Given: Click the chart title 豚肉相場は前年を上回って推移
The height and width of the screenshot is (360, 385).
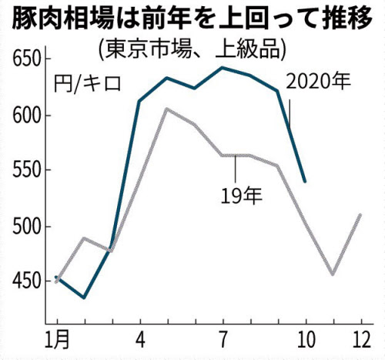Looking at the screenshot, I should point(192,17).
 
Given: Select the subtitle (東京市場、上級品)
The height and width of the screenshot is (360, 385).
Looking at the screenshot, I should point(192,48).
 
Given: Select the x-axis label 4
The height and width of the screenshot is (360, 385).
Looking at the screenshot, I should point(139,339).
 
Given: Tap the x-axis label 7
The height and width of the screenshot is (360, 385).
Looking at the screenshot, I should point(223,339).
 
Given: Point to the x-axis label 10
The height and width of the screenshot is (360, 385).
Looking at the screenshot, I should point(306,339).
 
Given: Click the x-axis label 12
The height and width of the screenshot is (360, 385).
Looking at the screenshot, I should point(360,339).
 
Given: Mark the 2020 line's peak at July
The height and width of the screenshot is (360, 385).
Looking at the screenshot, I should point(223,68).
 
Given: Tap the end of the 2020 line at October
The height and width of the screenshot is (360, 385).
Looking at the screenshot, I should point(306,182).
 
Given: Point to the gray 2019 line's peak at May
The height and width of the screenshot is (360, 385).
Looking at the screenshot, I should point(167,109).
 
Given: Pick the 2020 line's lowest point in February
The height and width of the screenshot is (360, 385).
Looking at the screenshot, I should point(85,298).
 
